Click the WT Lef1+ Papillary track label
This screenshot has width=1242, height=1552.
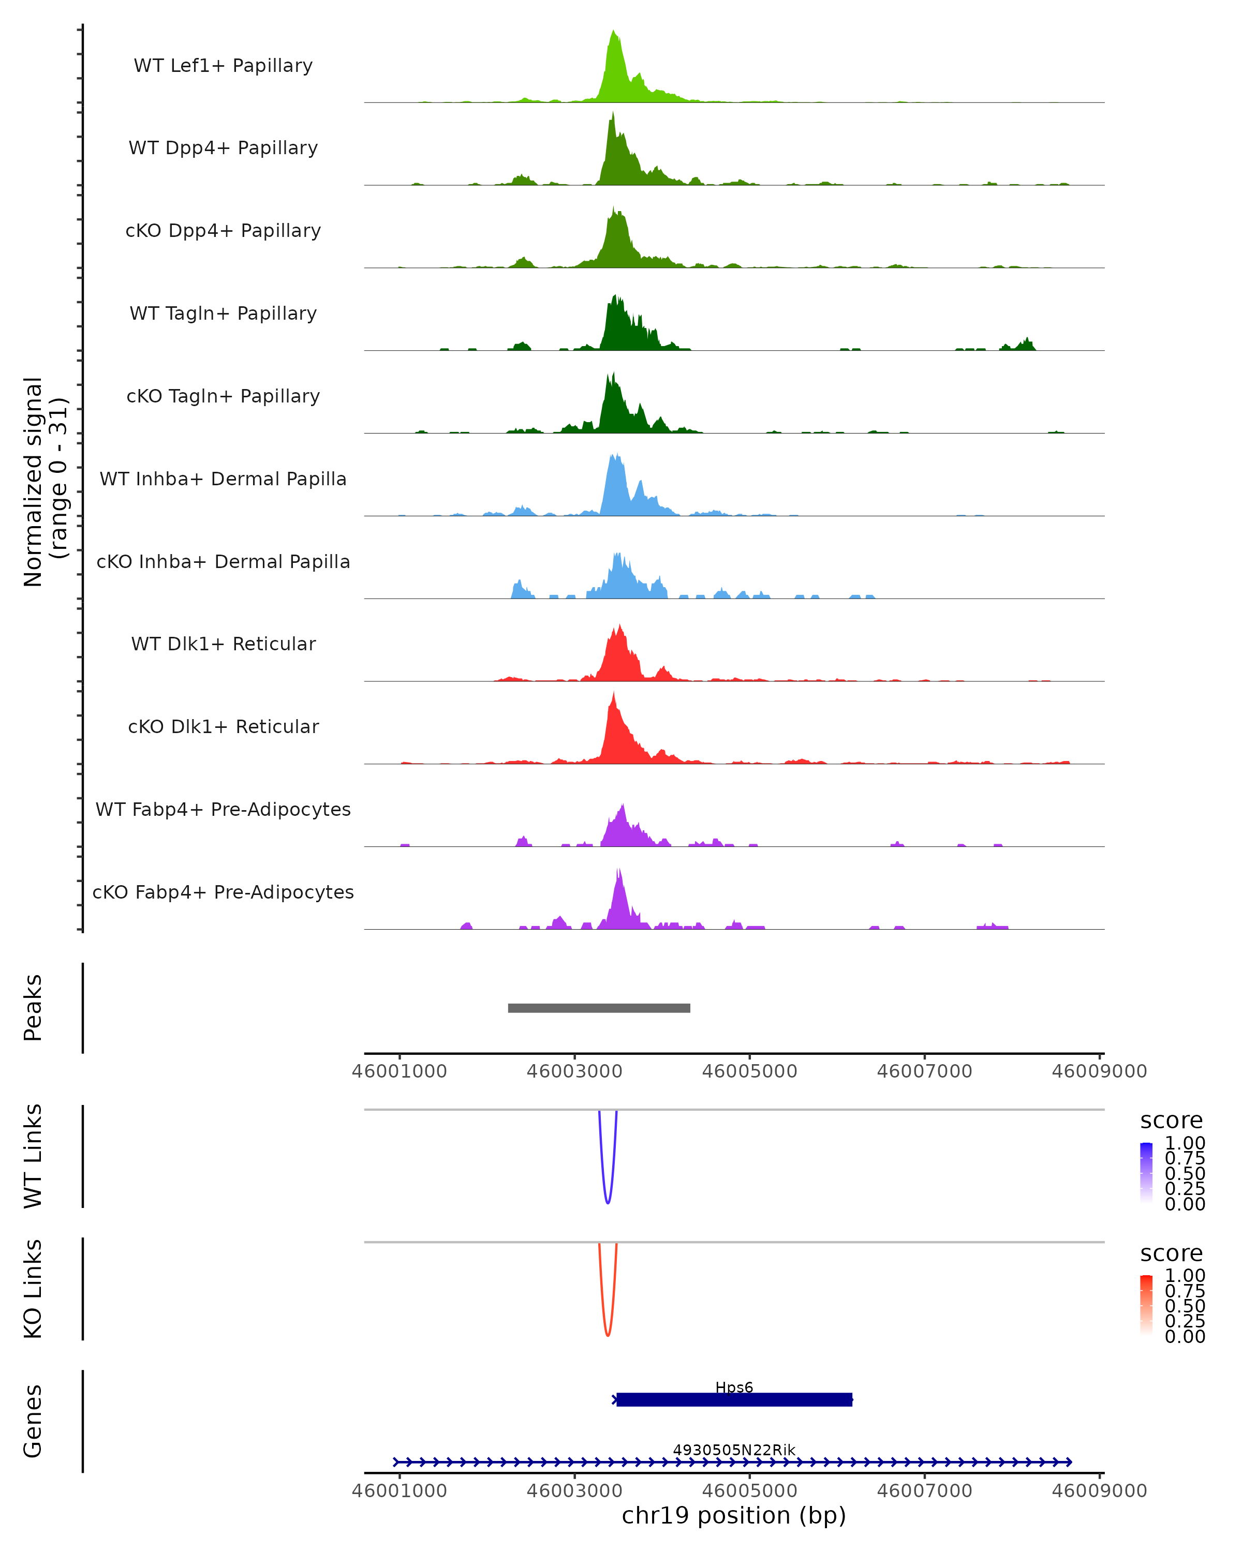coord(223,66)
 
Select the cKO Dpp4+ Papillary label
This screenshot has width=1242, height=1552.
coord(223,230)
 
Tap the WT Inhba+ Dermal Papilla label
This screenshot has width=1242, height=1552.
coord(223,479)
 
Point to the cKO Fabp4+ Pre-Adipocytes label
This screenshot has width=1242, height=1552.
coord(223,892)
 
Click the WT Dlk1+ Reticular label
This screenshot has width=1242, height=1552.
coord(223,644)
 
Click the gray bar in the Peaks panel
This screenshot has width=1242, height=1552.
coord(599,1008)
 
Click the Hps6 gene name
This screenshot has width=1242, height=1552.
coord(734,1387)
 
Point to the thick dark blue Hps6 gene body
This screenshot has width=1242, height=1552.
coord(734,1400)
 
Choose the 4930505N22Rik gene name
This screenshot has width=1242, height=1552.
coord(734,1450)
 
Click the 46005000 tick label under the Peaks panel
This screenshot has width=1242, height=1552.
coord(749,1071)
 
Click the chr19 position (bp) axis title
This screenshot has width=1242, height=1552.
coord(734,1516)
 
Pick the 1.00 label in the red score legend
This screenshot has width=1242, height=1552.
coord(1185,1276)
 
